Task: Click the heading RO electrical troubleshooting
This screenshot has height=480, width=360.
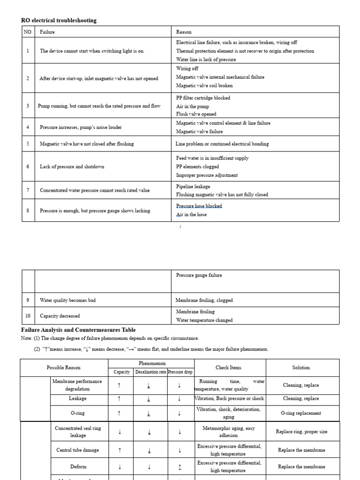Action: coord(59,20)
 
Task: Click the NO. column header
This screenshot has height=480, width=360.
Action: coord(28,32)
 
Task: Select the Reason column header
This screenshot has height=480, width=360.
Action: coord(184,32)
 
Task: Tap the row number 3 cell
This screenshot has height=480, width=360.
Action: coord(28,106)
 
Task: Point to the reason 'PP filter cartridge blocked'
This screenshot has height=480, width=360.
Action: coord(203,98)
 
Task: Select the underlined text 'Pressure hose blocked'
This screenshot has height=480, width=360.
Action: coord(199,206)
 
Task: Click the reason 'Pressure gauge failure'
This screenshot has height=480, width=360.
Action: coord(199,275)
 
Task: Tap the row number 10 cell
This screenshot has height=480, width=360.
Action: coord(28,316)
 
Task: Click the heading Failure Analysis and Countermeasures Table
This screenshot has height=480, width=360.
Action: coord(78,330)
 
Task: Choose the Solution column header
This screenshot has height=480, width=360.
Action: coord(300,367)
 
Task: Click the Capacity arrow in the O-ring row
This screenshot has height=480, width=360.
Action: coord(120,413)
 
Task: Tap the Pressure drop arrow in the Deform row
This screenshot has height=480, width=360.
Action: coord(180,467)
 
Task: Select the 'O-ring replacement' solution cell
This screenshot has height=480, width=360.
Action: coord(300,413)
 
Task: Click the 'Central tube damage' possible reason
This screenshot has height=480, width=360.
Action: coord(78,450)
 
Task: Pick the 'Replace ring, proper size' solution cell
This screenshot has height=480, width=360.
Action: coord(300,432)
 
